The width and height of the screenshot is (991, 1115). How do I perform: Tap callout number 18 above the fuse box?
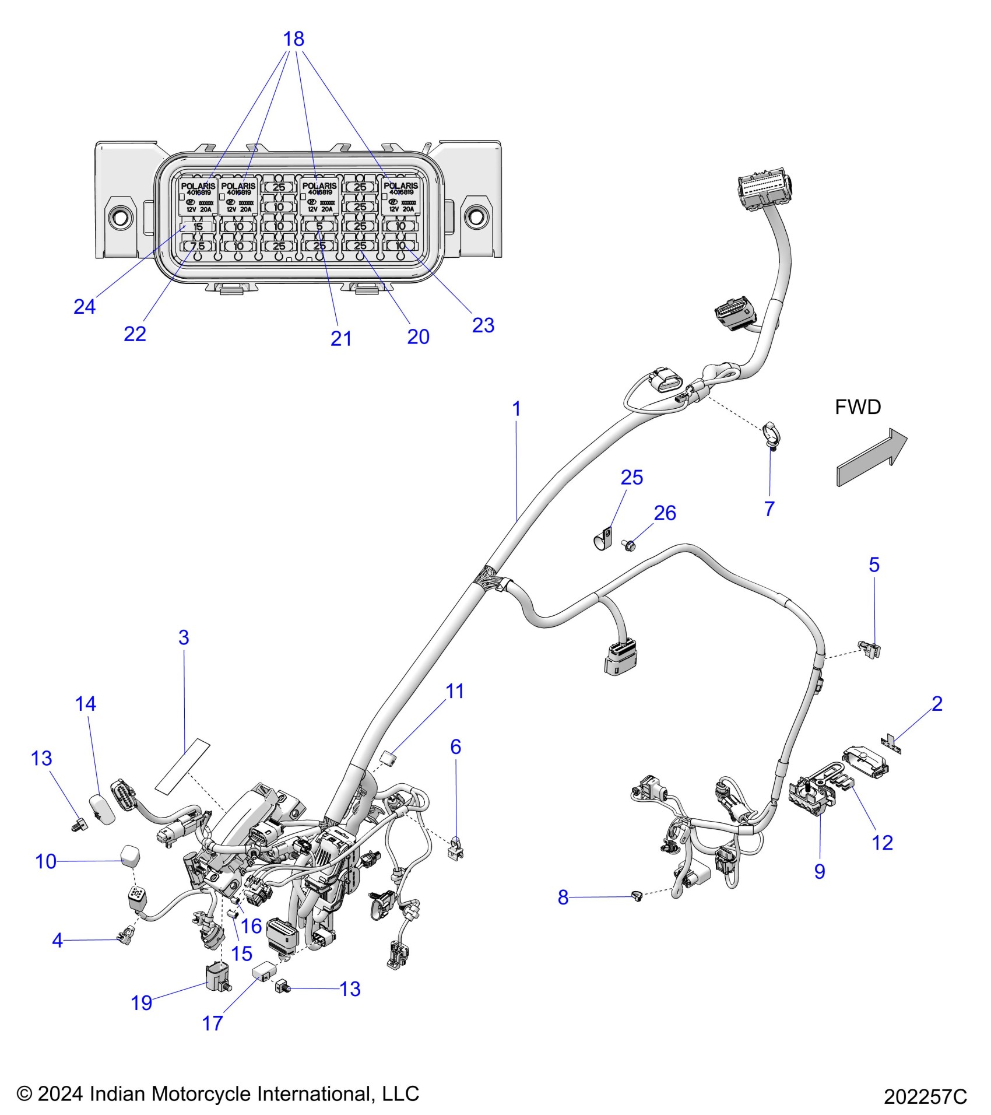(293, 39)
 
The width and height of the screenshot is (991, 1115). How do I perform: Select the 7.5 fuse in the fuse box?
(198, 246)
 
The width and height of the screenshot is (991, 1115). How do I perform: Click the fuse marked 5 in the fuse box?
(319, 226)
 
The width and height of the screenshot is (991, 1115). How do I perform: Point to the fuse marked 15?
(198, 226)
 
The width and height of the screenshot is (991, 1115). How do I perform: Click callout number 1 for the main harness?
(516, 409)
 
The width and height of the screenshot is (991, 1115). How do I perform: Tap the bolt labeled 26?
(630, 546)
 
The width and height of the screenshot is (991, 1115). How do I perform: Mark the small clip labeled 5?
(871, 649)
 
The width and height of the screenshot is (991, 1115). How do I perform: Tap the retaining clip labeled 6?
(456, 847)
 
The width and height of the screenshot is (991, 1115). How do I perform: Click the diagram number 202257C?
(925, 1096)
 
